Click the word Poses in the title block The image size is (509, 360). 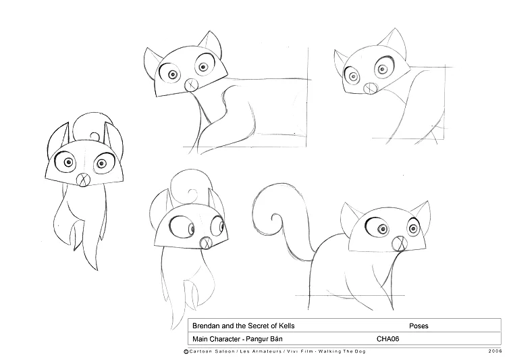click(x=419, y=326)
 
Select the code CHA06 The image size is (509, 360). click(x=387, y=339)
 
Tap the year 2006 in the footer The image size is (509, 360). click(x=495, y=351)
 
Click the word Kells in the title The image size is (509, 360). click(x=286, y=326)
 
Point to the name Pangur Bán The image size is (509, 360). click(x=264, y=339)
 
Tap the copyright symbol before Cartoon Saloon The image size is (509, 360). click(x=186, y=351)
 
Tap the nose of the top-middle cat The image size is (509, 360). click(x=191, y=85)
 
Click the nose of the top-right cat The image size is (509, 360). click(x=370, y=88)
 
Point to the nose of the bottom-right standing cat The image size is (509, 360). click(x=399, y=244)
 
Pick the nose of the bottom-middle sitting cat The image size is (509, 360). click(x=206, y=243)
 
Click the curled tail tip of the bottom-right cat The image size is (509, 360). click(x=276, y=218)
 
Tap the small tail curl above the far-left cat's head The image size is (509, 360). click(x=95, y=136)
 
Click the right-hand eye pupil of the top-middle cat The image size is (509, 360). click(x=203, y=68)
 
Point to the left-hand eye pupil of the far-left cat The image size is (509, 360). click(x=68, y=162)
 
